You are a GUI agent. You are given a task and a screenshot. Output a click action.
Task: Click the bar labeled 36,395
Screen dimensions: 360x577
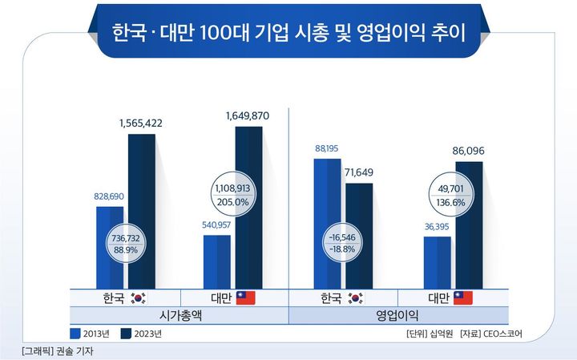click(x=437, y=261)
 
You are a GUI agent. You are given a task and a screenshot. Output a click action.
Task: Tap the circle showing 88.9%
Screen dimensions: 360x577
click(x=125, y=243)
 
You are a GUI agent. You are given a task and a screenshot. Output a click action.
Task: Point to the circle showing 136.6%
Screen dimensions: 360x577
click(x=453, y=196)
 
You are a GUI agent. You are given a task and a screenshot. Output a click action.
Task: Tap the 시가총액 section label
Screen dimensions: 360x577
click(x=180, y=315)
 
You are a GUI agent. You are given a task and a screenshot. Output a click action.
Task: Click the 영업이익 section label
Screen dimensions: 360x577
click(x=397, y=315)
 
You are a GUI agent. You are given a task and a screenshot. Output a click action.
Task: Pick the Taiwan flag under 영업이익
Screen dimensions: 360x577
click(x=463, y=297)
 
